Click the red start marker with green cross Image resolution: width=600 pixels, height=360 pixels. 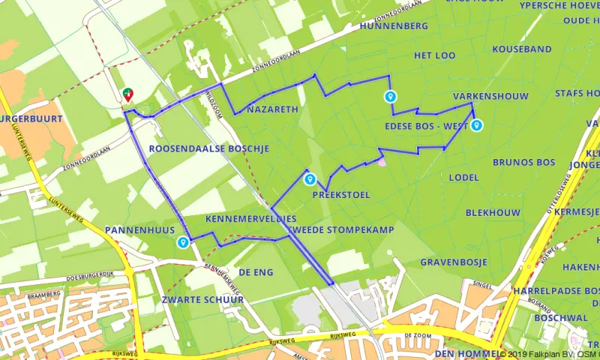click(128, 94)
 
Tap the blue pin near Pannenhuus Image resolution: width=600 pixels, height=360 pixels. click(183, 242)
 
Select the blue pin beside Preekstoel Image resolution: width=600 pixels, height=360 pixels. click(309, 179)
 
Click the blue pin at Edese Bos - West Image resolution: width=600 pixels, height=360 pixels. click(476, 125)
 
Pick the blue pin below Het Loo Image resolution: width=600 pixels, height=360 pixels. click(390, 96)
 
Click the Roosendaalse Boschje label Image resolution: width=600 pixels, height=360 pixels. click(208, 149)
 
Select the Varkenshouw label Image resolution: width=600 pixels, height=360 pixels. click(490, 96)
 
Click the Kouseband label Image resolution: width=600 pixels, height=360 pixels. click(522, 49)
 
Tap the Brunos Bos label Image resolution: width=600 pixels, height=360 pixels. click(523, 162)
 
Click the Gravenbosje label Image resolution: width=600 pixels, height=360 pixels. click(454, 262)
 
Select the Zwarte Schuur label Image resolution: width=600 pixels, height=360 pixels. click(202, 299)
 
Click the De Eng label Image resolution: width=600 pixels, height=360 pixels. click(256, 271)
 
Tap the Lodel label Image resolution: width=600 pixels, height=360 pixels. click(463, 178)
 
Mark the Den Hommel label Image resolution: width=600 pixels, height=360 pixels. click(466, 353)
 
